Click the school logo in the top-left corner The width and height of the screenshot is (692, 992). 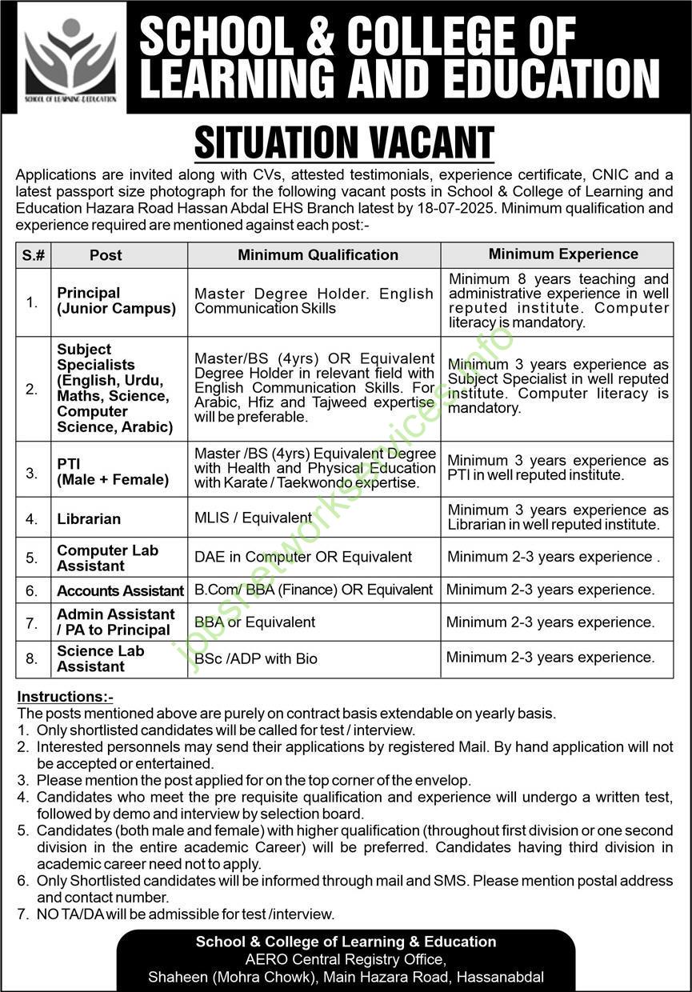(x=70, y=57)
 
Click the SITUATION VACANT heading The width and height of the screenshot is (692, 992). (x=344, y=143)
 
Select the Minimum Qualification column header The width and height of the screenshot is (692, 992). (x=318, y=255)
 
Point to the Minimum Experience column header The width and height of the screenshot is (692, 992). (x=563, y=254)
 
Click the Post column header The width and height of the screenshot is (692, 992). (x=106, y=255)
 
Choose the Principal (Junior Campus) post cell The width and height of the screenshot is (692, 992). (x=116, y=301)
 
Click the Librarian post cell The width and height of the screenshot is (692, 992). (x=89, y=518)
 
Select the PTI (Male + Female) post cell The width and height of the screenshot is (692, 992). (x=113, y=472)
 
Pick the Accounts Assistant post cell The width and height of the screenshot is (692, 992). (x=120, y=590)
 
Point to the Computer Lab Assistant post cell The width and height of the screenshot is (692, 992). (x=108, y=558)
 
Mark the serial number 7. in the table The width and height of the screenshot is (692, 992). (x=32, y=622)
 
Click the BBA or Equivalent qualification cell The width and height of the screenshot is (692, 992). (x=255, y=622)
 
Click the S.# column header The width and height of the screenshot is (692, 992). (x=34, y=255)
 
